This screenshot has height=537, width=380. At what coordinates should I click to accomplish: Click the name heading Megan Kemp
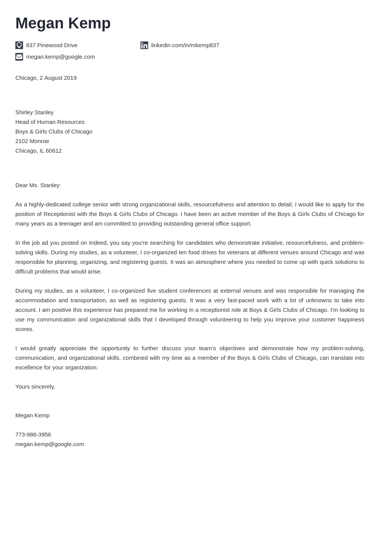pyautogui.click(x=63, y=23)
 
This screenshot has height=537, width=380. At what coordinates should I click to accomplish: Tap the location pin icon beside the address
pyautogui.click(x=19, y=45)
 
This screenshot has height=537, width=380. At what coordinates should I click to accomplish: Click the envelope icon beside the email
pyautogui.click(x=19, y=57)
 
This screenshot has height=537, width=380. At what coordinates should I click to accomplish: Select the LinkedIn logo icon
pyautogui.click(x=144, y=45)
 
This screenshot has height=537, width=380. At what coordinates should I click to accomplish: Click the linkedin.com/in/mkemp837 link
pyautogui.click(x=185, y=45)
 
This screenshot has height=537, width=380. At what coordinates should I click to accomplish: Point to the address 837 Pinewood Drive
pyautogui.click(x=52, y=45)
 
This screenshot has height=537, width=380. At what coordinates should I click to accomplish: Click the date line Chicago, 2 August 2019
pyautogui.click(x=46, y=78)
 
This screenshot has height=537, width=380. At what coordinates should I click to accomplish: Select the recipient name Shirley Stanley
pyautogui.click(x=35, y=112)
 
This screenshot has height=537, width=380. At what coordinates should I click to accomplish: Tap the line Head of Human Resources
pyautogui.click(x=50, y=122)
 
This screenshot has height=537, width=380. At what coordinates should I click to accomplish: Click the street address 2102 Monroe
pyautogui.click(x=32, y=141)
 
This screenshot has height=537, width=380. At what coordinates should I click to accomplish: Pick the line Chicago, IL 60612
pyautogui.click(x=38, y=151)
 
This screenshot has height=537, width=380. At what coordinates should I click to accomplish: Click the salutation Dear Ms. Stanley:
pyautogui.click(x=38, y=185)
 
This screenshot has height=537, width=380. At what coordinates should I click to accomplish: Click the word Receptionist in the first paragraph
pyautogui.click(x=59, y=214)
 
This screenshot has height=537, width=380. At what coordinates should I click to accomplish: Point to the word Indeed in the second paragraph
pyautogui.click(x=98, y=243)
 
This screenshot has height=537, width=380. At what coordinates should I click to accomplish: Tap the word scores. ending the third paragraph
pyautogui.click(x=25, y=329)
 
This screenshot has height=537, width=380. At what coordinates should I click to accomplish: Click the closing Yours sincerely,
pyautogui.click(x=35, y=387)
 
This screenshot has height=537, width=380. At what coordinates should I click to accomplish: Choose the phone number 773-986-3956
pyautogui.click(x=33, y=435)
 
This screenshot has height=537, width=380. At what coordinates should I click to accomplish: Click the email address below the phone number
pyautogui.click(x=50, y=444)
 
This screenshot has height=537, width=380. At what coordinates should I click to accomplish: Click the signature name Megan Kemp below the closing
pyautogui.click(x=32, y=415)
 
